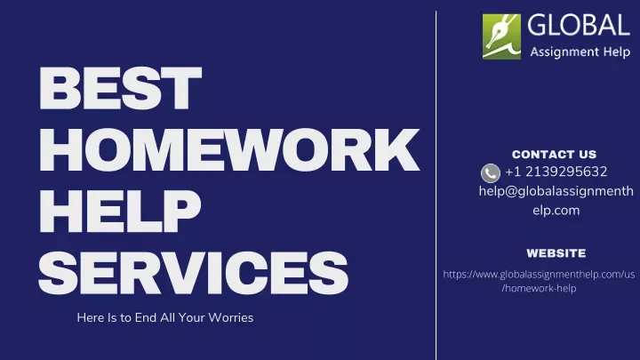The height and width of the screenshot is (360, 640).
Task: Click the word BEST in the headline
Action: [x=120, y=89]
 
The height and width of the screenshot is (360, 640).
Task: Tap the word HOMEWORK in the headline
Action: [x=229, y=149]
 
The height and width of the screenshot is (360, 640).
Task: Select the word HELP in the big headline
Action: [x=120, y=211]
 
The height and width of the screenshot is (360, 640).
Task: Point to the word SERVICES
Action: [x=194, y=272]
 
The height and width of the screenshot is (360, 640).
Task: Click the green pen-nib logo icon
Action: [x=501, y=36]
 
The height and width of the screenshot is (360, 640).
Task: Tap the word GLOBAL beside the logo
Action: [x=579, y=25]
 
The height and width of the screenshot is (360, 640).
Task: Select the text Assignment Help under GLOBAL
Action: [x=580, y=52]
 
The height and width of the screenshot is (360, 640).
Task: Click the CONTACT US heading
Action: [x=555, y=155]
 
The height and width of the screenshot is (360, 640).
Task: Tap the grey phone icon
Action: [x=491, y=173]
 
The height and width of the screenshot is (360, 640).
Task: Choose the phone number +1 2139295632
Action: [x=556, y=172]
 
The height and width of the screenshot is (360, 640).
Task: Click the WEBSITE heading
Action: [x=556, y=253]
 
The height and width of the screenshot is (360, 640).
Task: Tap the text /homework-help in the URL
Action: [x=540, y=288]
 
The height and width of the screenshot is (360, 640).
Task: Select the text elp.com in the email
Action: [x=556, y=210]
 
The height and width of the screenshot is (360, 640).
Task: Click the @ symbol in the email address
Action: [x=511, y=191]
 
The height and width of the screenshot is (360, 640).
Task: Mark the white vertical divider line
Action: [x=436, y=185]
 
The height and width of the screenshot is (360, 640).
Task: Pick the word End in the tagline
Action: [x=146, y=317]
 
